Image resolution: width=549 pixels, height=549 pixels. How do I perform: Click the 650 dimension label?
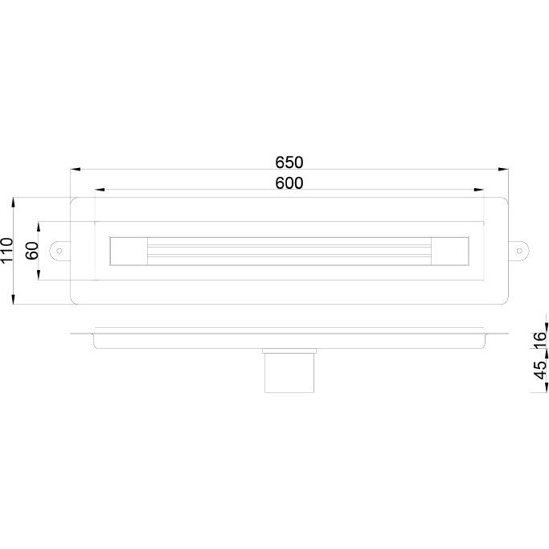289,162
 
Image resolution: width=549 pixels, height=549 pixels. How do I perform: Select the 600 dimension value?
289,183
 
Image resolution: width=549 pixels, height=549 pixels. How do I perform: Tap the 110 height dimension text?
7,250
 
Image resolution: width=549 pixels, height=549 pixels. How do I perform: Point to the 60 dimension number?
32,250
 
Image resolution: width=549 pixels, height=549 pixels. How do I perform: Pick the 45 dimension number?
541,370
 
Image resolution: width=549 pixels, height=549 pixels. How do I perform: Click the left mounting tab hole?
59,251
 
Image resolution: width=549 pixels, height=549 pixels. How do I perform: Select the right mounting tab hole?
519,251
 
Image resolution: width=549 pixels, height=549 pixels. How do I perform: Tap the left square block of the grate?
129,251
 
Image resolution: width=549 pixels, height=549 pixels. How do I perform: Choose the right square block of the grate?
450,251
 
